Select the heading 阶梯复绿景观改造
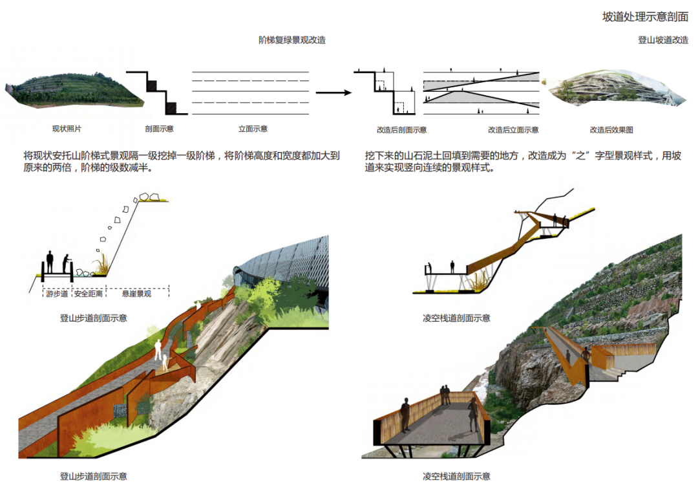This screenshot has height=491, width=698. [292, 40]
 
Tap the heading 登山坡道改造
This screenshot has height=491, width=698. [663, 40]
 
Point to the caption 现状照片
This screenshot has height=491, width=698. [67, 129]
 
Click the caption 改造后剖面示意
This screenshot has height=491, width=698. [401, 130]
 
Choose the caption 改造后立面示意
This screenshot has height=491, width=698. [513, 130]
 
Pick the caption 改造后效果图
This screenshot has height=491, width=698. [611, 130]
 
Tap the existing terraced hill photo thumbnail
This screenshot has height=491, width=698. [72, 91]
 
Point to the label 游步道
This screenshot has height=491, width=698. [57, 294]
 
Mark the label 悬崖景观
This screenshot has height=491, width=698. [136, 294]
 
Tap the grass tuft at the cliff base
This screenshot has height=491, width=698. [101, 264]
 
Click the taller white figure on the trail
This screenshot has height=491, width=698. [158, 348]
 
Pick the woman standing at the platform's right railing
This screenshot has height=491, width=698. [473, 414]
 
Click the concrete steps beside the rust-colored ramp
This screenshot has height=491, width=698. [618, 371]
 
